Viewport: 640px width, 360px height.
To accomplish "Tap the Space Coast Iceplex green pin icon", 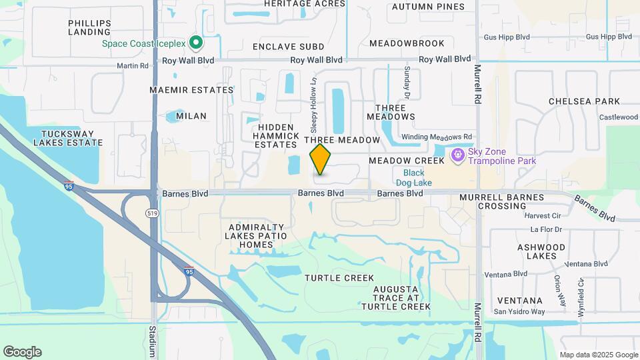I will tap(195, 43).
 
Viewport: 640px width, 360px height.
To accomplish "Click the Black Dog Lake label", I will tap(417, 178).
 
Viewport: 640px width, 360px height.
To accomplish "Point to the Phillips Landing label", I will tap(90, 27).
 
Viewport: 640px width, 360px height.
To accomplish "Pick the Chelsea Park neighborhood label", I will tap(584, 101).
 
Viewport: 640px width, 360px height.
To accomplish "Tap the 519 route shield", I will tap(152, 212).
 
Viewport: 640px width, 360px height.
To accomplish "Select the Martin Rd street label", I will tap(133, 65).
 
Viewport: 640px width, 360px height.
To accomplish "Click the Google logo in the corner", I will tap(22, 352).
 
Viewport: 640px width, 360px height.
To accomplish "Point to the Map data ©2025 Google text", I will tap(598, 355).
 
